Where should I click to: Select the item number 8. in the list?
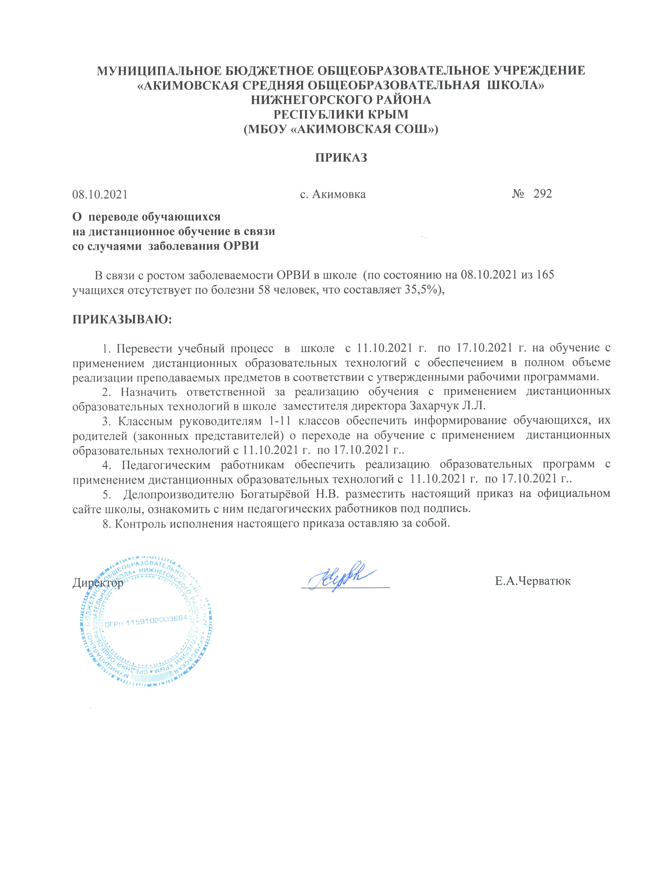tap(107, 524)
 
